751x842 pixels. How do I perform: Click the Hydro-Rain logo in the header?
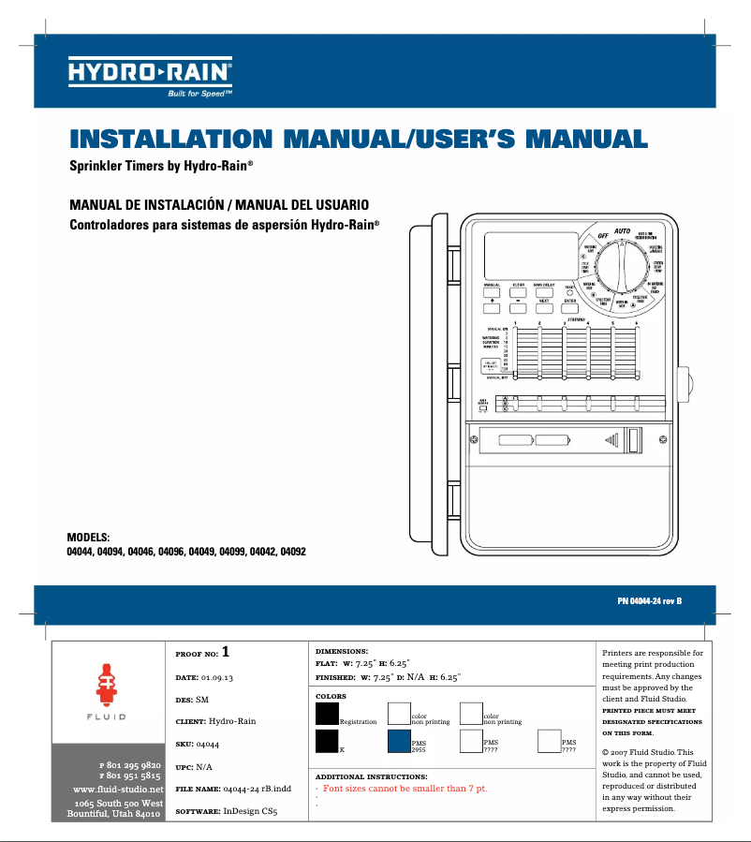(150, 71)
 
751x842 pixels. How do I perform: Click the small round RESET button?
(570, 292)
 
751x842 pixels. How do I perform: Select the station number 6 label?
(637, 324)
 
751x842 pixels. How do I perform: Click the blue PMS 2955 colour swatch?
(399, 742)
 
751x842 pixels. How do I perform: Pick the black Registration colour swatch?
(327, 714)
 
